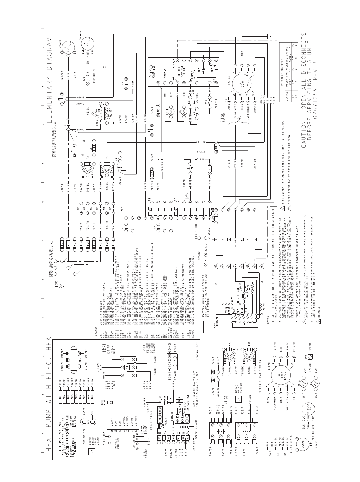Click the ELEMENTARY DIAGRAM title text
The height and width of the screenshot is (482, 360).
49,84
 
